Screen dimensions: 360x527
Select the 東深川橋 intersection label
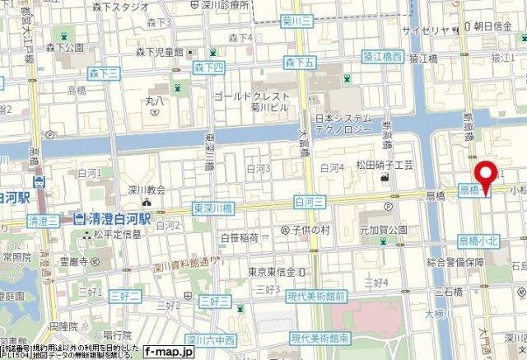pyautogui.click(x=212, y=208)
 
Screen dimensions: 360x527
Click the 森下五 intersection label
pyautogui.click(x=300, y=62)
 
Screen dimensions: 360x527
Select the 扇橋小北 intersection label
pyautogui.click(x=478, y=239)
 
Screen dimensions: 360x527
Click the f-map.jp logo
pyautogui.click(x=170, y=351)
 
